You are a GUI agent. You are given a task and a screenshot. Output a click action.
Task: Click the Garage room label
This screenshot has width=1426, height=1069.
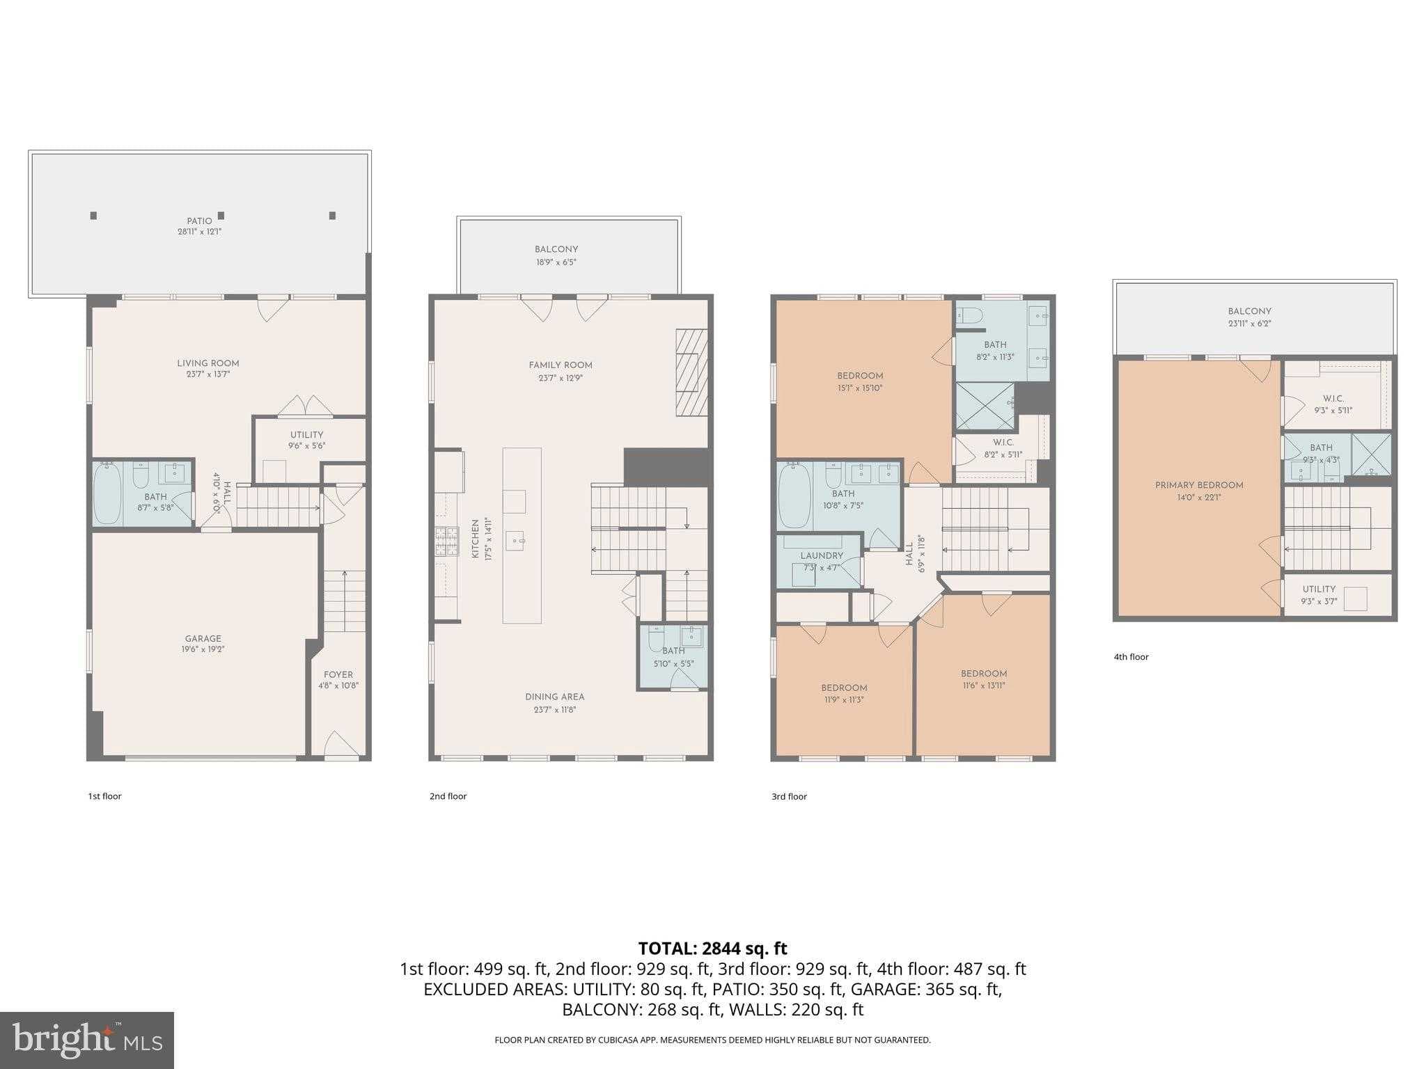tap(203, 639)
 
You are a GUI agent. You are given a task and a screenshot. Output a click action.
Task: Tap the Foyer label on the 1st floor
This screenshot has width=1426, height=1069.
tap(338, 674)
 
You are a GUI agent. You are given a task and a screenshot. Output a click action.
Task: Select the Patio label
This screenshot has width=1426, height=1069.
tap(199, 221)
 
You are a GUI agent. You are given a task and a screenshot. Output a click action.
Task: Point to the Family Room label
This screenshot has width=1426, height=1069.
tap(561, 365)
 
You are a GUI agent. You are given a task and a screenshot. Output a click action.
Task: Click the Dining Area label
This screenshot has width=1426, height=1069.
tap(555, 697)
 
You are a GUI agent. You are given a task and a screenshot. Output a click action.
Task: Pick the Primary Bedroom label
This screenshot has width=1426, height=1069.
tap(1199, 485)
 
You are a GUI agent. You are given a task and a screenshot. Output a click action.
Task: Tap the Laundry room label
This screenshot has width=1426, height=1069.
tap(822, 556)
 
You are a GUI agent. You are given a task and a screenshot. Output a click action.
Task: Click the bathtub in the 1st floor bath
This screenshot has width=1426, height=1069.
tap(107, 493)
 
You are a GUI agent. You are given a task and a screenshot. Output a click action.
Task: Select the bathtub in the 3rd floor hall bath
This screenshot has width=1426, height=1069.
tap(794, 496)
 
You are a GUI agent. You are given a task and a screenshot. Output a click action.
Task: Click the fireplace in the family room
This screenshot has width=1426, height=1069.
tap(691, 373)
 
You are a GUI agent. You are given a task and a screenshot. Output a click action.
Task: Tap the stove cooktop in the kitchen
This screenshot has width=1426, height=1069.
tap(447, 541)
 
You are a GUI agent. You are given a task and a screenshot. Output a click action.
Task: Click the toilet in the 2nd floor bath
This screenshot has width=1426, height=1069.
tap(656, 639)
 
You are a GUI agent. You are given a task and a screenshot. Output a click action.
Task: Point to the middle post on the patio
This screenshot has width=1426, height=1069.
tap(221, 216)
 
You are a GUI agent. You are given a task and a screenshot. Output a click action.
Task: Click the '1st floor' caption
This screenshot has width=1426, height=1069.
tap(104, 796)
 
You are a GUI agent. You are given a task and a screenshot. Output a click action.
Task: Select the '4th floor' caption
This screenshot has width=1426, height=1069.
tap(1131, 657)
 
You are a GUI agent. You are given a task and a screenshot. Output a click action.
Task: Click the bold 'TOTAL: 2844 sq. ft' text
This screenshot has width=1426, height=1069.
tap(713, 949)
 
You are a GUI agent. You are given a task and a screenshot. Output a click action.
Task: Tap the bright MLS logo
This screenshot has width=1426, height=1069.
tap(87, 1040)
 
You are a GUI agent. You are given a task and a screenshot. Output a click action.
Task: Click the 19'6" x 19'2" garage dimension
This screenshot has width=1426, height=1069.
tap(203, 649)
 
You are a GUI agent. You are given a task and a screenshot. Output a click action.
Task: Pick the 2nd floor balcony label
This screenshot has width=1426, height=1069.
tap(556, 249)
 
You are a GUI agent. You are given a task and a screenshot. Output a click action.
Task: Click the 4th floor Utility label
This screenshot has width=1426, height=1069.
tap(1319, 589)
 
